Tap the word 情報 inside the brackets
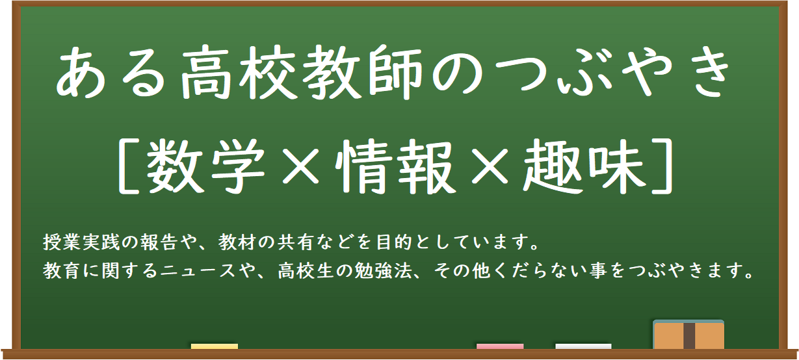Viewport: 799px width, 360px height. click(395, 166)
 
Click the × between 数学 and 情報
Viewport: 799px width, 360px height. click(301, 166)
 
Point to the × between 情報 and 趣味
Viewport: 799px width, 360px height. click(490, 166)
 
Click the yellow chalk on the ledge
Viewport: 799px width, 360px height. click(215, 346)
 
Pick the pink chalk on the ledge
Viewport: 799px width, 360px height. click(500, 346)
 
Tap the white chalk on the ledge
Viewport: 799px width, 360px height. click(583, 346)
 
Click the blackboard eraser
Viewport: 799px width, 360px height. click(688, 335)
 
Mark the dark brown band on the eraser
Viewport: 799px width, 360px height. click(689, 336)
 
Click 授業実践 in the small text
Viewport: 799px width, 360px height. click(82, 242)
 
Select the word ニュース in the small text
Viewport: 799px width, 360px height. click(198, 271)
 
